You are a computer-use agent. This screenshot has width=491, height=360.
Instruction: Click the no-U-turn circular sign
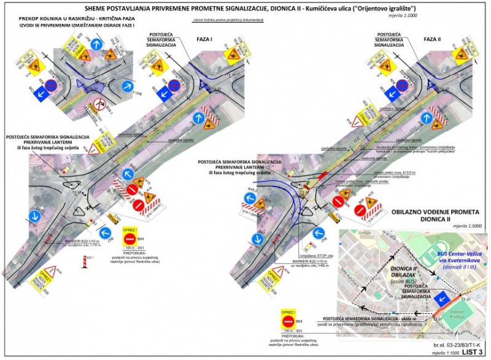coord(96,102)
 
